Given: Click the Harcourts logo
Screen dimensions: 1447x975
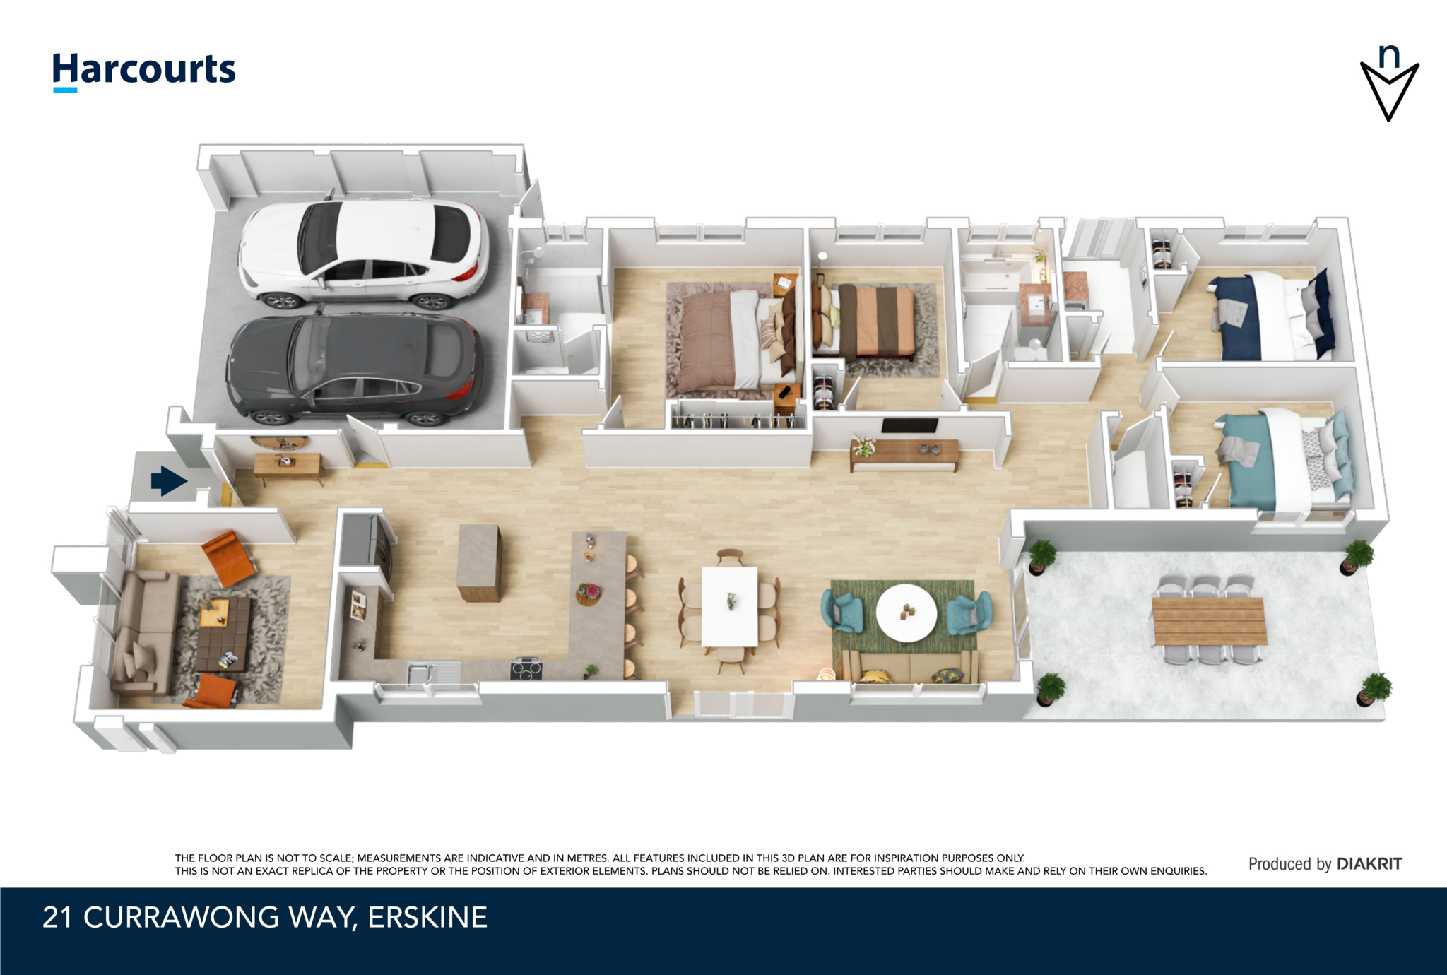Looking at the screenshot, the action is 144,71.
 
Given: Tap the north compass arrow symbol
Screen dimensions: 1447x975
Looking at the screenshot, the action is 1389,83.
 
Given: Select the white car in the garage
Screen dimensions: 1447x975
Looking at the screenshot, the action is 363,253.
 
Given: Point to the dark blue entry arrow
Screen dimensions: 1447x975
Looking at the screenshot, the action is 169,481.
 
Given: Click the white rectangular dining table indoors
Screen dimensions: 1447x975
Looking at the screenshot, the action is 730,606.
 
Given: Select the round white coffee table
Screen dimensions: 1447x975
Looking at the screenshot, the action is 906,613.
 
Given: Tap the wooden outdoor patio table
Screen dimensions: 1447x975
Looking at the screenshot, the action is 1209,621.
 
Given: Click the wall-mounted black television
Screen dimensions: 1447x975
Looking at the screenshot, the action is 909,425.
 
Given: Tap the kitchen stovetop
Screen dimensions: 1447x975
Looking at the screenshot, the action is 526,668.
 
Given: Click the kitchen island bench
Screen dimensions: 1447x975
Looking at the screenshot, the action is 479,562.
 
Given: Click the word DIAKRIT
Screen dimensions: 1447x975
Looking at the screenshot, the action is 1369,863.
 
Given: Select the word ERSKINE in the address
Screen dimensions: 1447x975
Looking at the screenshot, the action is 427,917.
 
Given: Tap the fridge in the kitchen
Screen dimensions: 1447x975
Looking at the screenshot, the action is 365,540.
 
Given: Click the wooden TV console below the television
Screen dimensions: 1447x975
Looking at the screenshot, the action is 904,454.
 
